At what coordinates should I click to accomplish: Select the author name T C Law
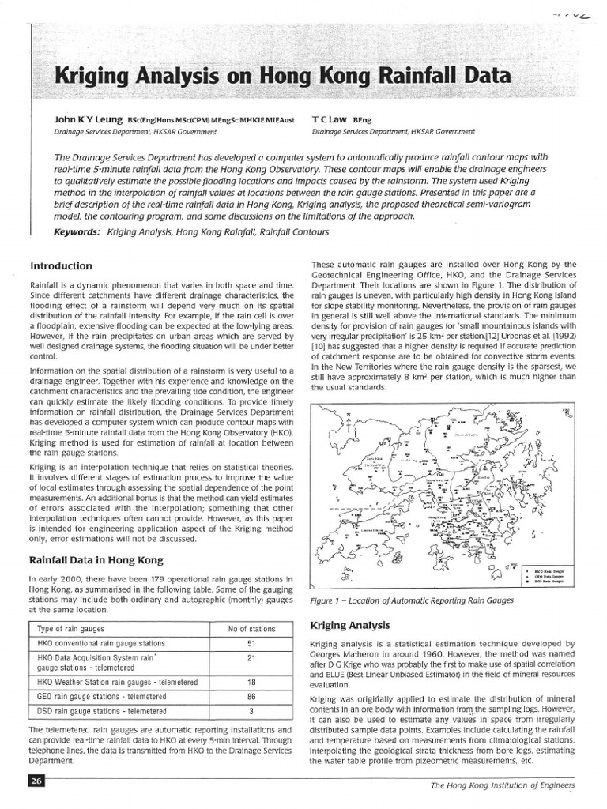[x=332, y=120]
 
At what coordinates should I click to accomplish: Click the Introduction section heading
[x=61, y=265]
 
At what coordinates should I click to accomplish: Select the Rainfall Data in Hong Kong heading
[x=96, y=560]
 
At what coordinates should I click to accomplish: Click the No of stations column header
[x=250, y=628]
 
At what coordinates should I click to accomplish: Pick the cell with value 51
[x=250, y=643]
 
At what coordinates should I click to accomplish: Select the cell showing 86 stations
[x=250, y=697]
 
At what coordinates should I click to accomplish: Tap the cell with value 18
[x=250, y=682]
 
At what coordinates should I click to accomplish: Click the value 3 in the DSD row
[x=250, y=711]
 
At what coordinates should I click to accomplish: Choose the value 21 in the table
[x=250, y=658]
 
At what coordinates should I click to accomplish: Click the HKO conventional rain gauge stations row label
[x=101, y=643]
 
